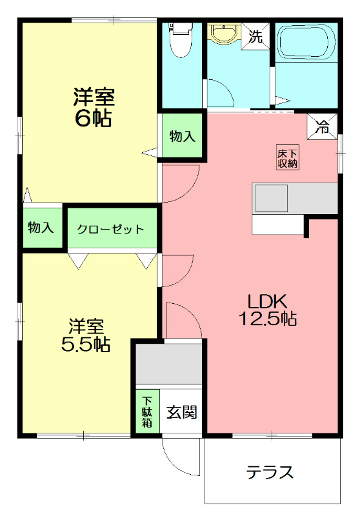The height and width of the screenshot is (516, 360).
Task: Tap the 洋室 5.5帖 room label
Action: point(85,335)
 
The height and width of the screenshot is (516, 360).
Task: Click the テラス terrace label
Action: point(270,473)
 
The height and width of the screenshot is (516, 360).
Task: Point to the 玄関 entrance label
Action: point(182,412)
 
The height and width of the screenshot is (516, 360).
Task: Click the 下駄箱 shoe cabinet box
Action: point(147,412)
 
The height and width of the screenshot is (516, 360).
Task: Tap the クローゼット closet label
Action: point(110,229)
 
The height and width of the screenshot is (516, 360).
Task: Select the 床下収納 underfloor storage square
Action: point(288,159)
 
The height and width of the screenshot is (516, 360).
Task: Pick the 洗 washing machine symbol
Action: point(255,36)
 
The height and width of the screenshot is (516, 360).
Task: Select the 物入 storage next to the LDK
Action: point(183,136)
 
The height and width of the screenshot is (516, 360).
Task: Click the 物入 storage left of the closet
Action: point(41,228)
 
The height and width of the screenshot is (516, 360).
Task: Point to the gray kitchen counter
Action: point(295,198)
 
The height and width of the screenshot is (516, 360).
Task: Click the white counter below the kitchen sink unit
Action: point(277,224)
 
